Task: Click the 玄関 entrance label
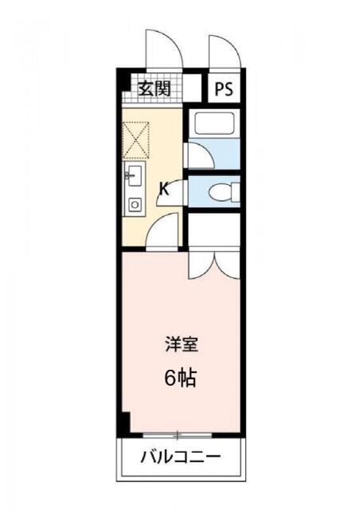coord(155,88)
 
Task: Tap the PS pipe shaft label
coord(224,88)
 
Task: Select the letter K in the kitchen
coord(163,188)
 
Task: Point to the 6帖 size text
coord(180,379)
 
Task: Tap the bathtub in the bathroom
coord(212,125)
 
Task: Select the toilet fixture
coord(222,191)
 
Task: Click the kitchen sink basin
coord(133,175)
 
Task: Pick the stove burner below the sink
coord(134,205)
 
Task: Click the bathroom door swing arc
coord(196,155)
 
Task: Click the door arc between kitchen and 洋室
coord(165,234)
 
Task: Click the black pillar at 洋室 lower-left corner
coord(124,422)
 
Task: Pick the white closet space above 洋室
coord(213,231)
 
